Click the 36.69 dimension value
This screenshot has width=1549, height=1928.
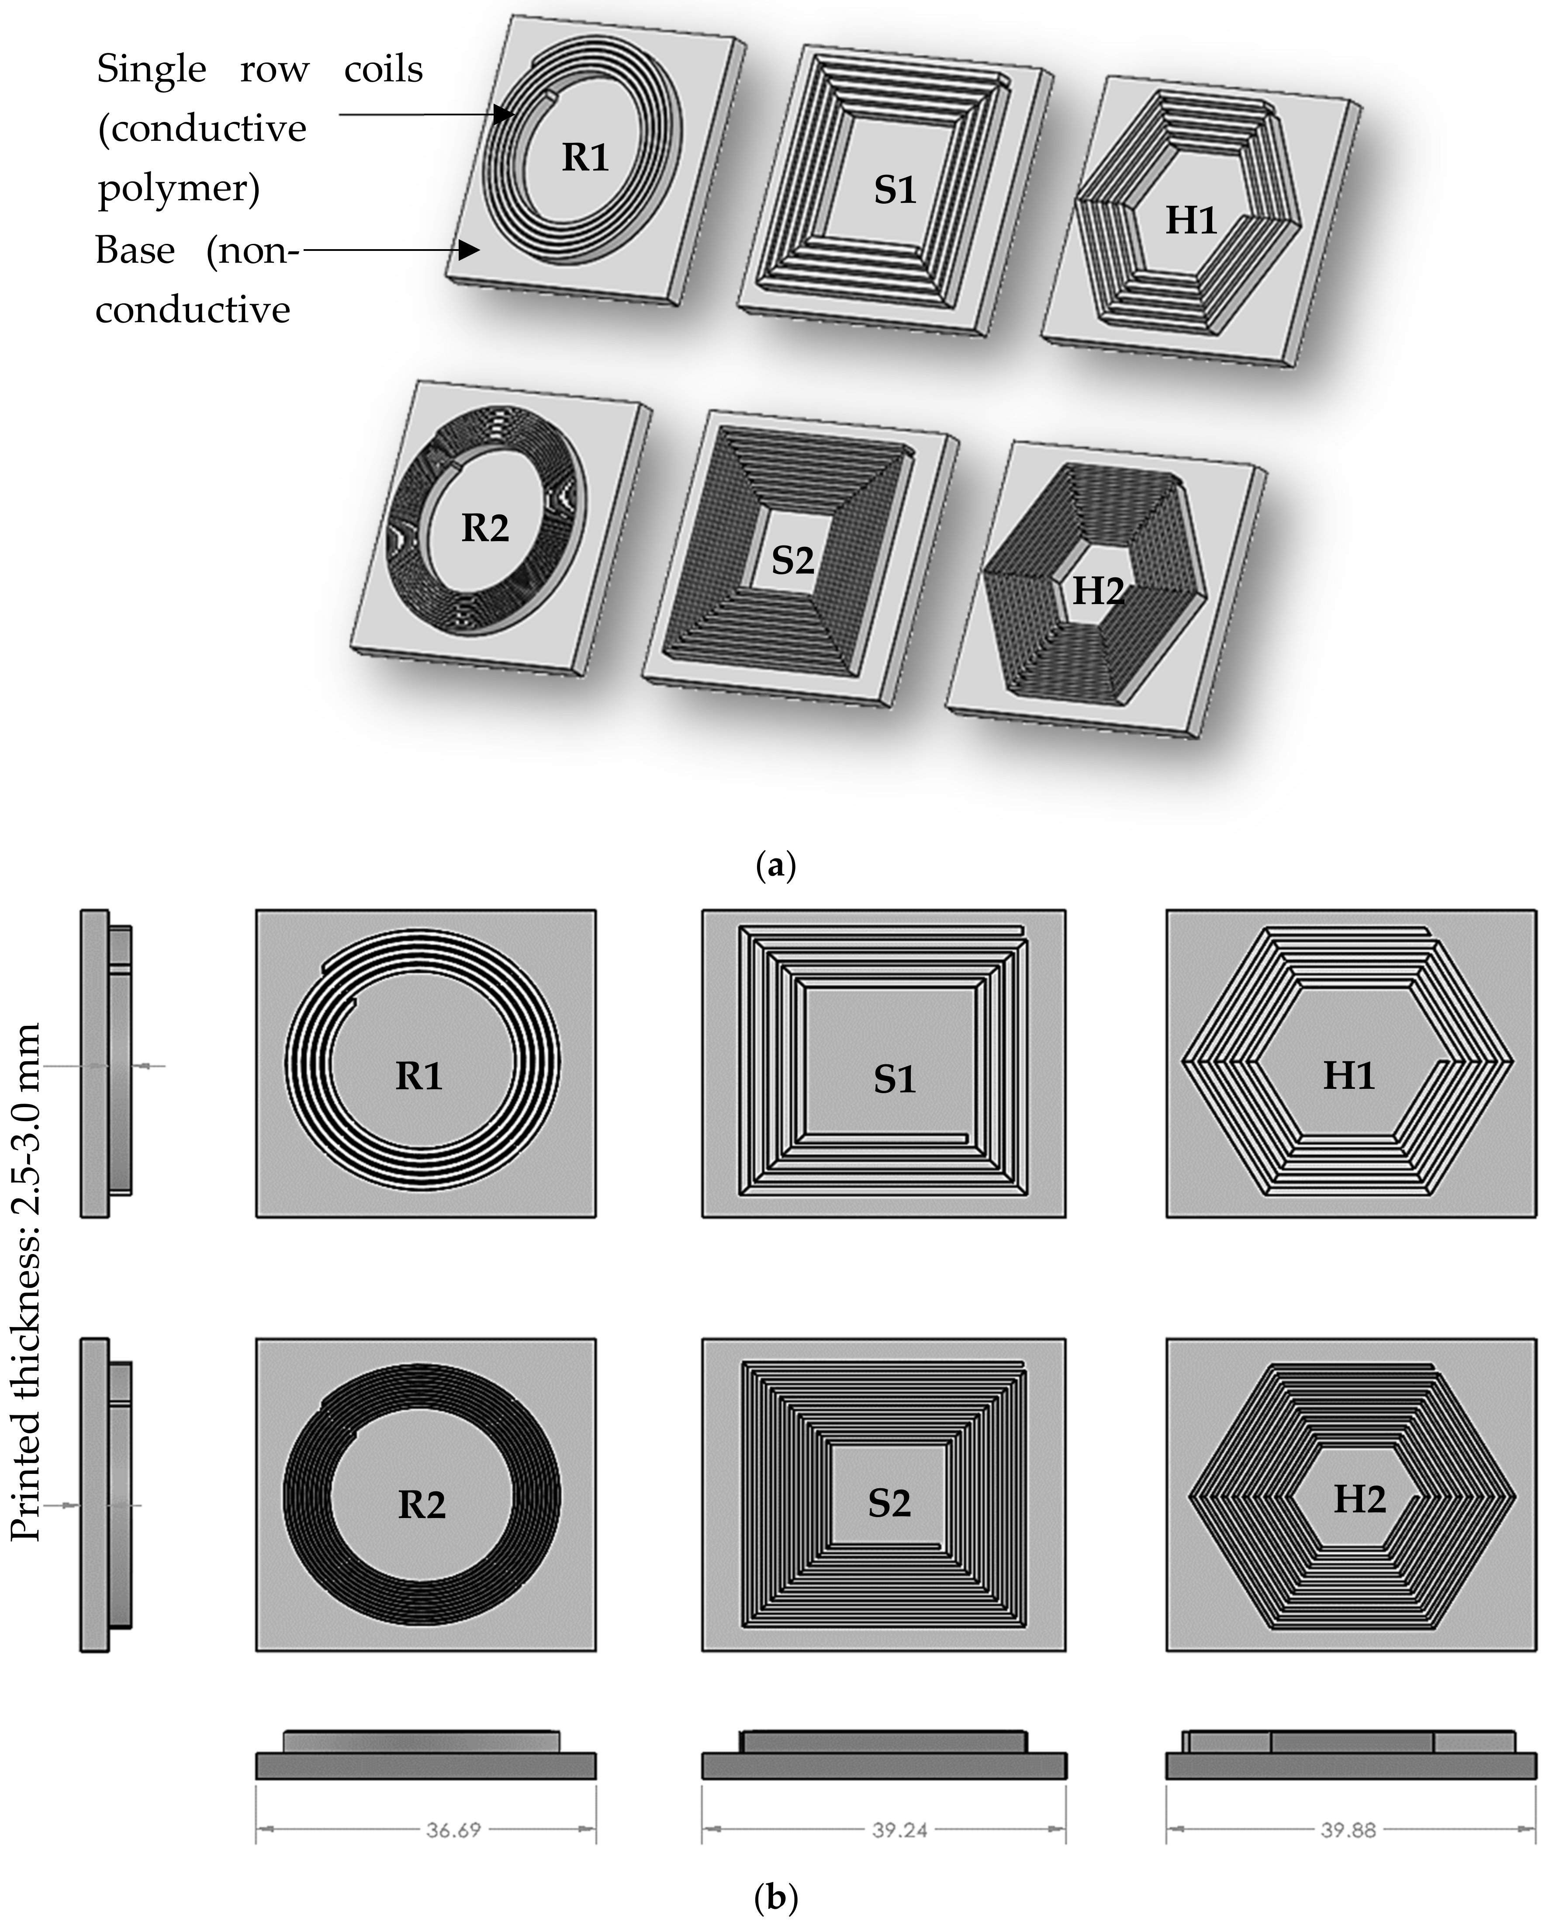[x=453, y=1830]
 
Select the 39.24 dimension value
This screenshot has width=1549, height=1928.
[x=900, y=1830]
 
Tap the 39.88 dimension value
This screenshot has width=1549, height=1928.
[x=1349, y=1830]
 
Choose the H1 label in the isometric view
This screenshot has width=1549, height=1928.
[x=1192, y=220]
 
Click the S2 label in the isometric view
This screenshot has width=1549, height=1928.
[x=793, y=561]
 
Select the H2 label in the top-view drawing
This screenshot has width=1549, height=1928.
[x=1359, y=1499]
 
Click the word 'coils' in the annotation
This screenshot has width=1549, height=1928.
[x=384, y=70]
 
